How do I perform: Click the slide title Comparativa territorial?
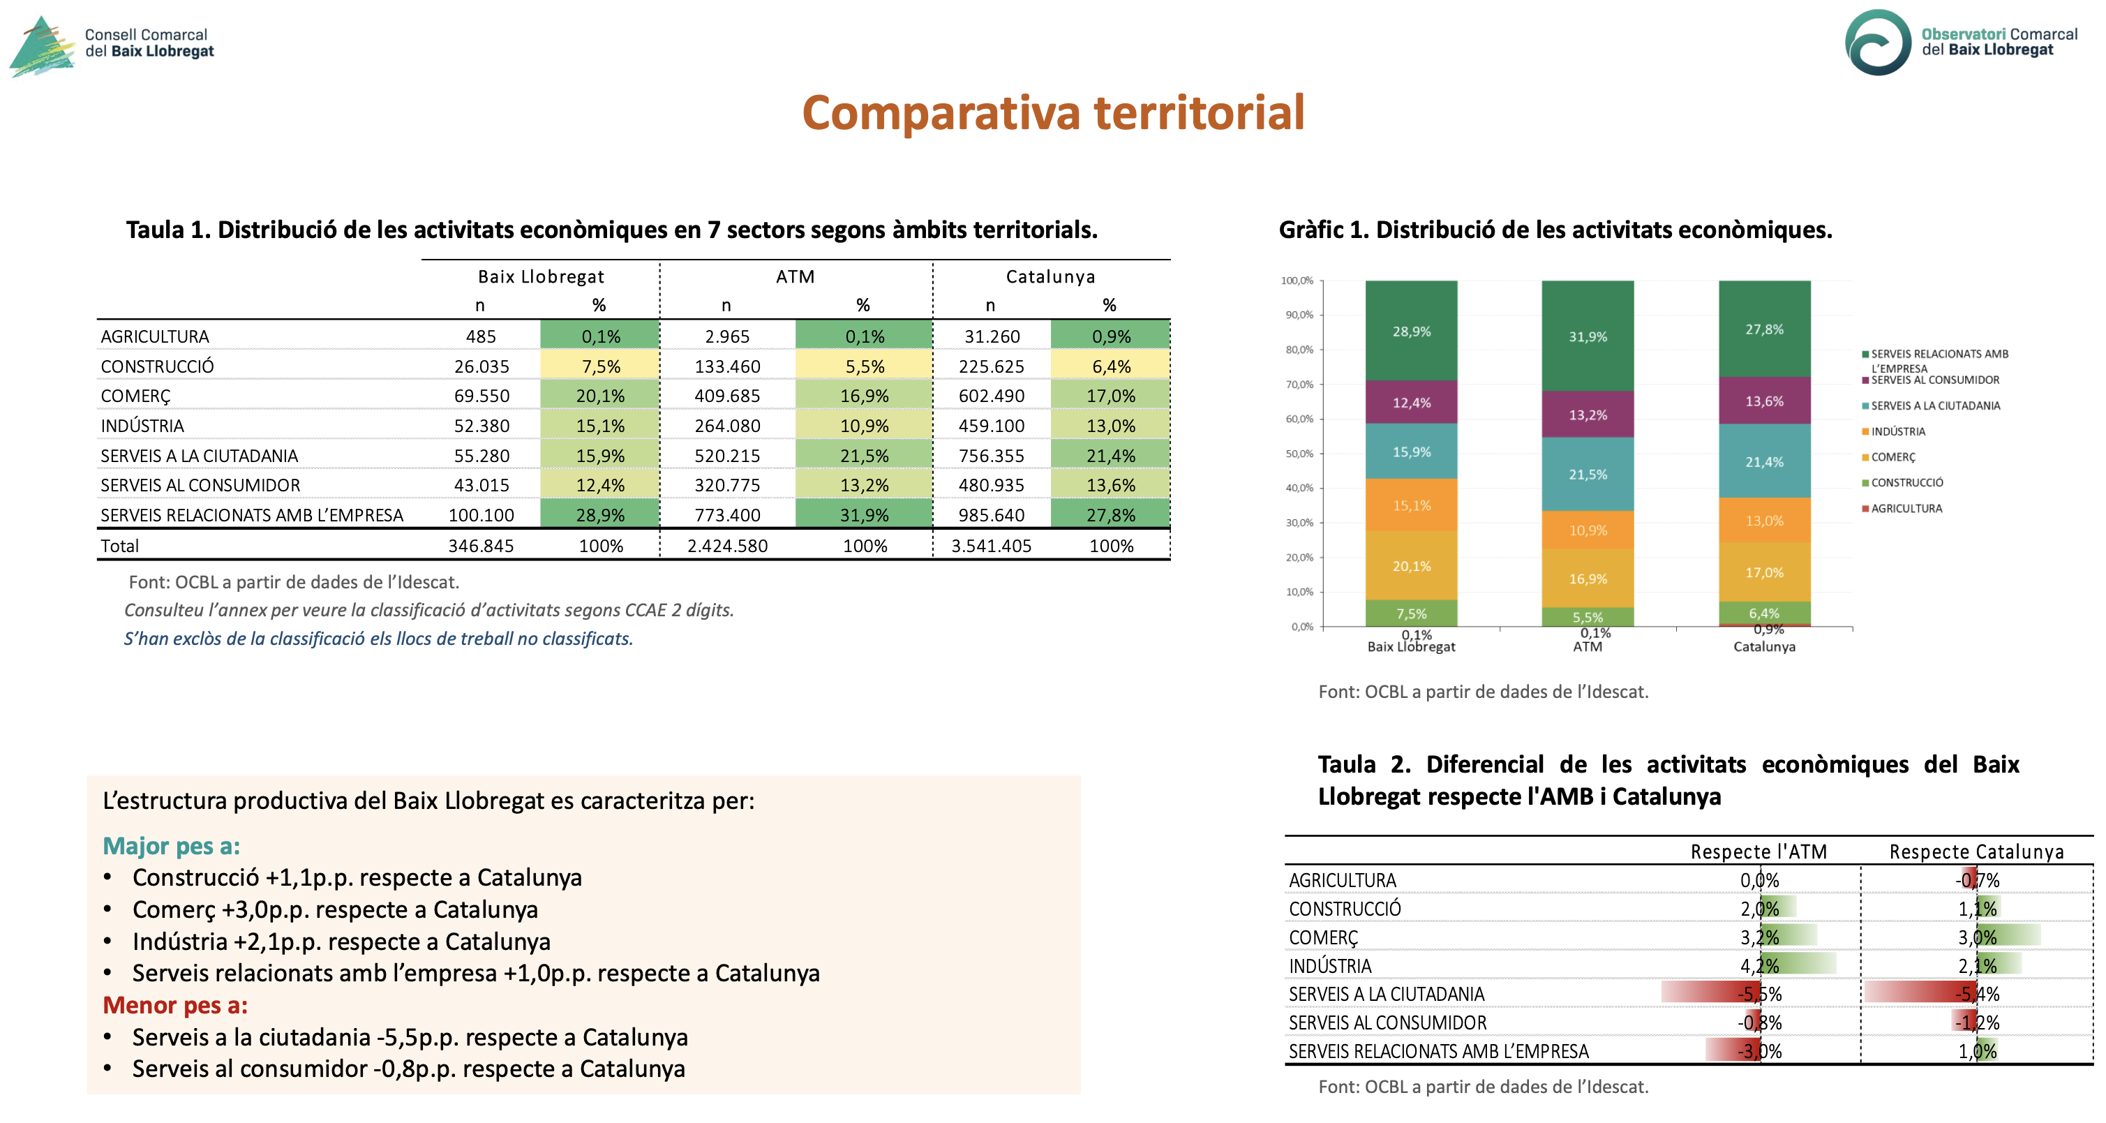click(x=1053, y=113)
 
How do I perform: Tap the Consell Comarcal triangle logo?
click(x=43, y=47)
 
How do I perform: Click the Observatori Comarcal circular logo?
click(x=1878, y=43)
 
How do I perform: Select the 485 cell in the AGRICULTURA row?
click(x=481, y=336)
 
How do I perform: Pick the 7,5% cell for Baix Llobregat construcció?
click(x=600, y=366)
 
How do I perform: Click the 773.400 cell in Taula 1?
click(x=728, y=515)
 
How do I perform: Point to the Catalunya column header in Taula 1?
click(x=1050, y=276)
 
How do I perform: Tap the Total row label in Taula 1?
click(x=119, y=546)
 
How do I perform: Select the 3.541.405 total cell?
click(x=991, y=546)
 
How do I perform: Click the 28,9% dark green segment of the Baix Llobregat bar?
click(x=1411, y=330)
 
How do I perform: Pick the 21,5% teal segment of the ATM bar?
click(x=1588, y=474)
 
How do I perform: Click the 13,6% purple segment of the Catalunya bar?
click(x=1764, y=401)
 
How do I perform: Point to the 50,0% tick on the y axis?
click(x=1297, y=453)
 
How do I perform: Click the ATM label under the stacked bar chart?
click(x=1588, y=646)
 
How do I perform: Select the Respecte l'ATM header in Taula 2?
click(x=1758, y=851)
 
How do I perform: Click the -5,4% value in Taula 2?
click(x=1977, y=994)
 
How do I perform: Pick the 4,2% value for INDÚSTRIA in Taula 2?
click(x=1759, y=966)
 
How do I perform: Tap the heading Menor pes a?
click(x=175, y=1005)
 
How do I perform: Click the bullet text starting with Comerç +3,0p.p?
click(x=335, y=909)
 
